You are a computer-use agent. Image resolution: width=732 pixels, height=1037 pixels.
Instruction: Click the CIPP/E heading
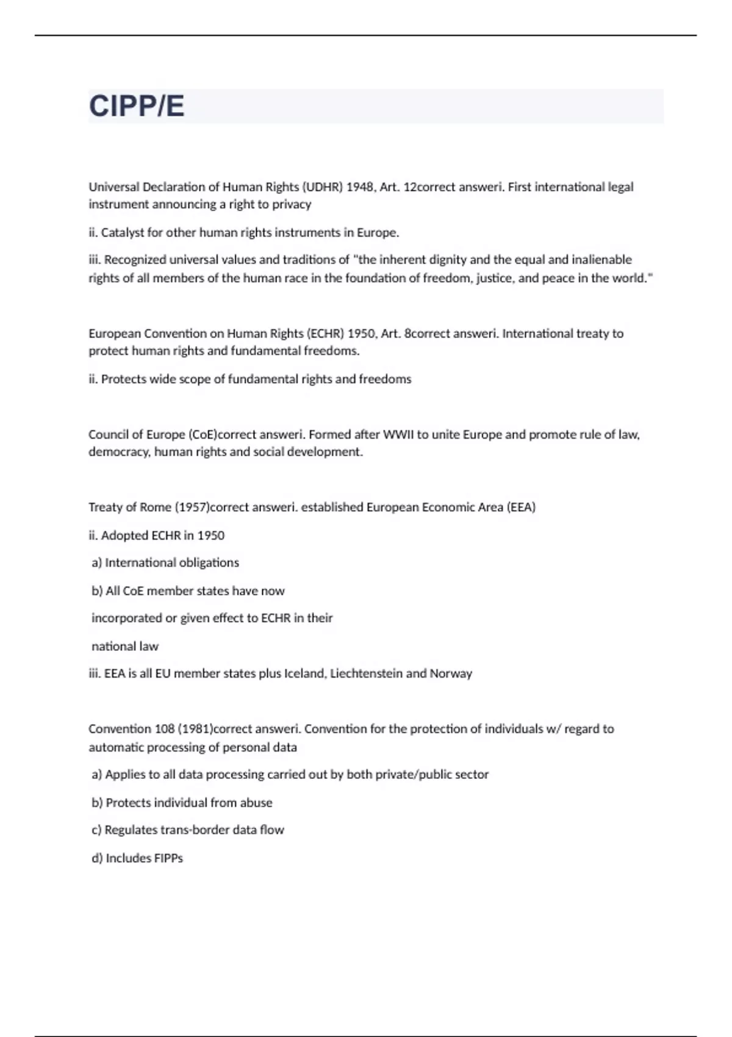pyautogui.click(x=137, y=106)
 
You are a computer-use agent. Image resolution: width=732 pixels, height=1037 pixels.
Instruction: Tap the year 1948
pyautogui.click(x=360, y=187)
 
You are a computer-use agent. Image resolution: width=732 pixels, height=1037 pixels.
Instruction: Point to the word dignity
pyautogui.click(x=448, y=259)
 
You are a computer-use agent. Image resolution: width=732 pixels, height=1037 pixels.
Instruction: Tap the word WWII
pyautogui.click(x=398, y=434)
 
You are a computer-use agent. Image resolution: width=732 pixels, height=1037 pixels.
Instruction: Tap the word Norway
pyautogui.click(x=451, y=673)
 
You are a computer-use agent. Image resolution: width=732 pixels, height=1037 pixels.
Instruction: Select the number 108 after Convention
pyautogui.click(x=164, y=728)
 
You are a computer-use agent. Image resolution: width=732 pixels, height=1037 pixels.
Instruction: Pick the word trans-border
pyautogui.click(x=195, y=830)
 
